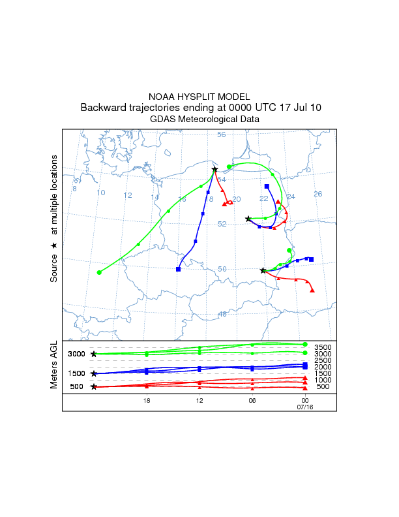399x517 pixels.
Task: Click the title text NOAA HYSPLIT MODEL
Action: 199,96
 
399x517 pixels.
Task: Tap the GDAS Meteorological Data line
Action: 199,119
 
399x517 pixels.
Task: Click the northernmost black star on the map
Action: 214,170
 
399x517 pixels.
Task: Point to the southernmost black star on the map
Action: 263,270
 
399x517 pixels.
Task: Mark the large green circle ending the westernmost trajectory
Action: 99,272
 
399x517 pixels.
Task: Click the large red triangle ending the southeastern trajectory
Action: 312,290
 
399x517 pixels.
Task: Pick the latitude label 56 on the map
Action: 221,135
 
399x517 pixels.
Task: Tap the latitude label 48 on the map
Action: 222,314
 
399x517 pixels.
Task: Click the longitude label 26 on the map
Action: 318,194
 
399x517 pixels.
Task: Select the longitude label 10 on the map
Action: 100,193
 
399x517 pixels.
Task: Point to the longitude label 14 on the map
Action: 155,198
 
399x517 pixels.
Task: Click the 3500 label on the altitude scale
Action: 323,347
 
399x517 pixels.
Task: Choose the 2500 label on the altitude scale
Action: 323,360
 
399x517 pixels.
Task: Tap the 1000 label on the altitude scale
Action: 323,380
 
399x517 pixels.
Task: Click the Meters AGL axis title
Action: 55,366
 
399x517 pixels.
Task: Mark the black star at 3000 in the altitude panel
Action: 94,354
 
